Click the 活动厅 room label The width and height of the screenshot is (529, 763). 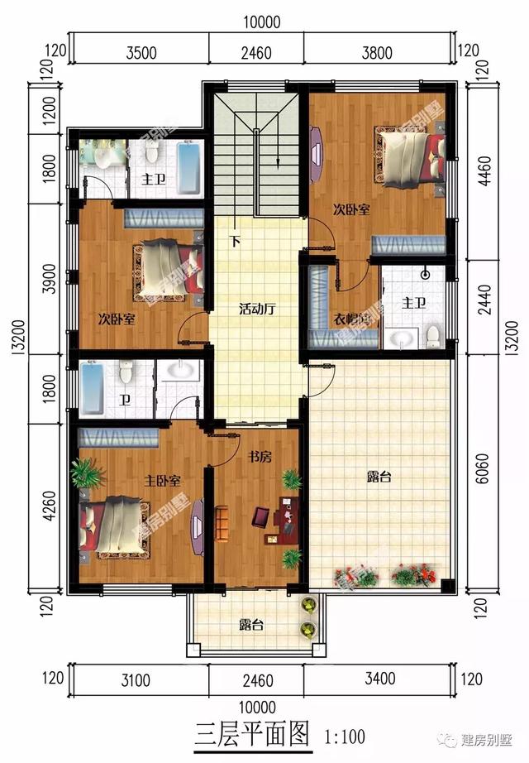pos(256,310)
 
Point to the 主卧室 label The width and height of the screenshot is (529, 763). pos(163,480)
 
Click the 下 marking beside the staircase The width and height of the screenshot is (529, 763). pos(236,242)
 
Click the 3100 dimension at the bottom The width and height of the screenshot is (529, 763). pos(135,681)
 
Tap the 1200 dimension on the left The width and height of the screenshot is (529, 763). pos(49,108)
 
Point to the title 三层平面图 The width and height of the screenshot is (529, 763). pos(251,733)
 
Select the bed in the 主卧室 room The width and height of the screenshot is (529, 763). pos(116,525)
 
